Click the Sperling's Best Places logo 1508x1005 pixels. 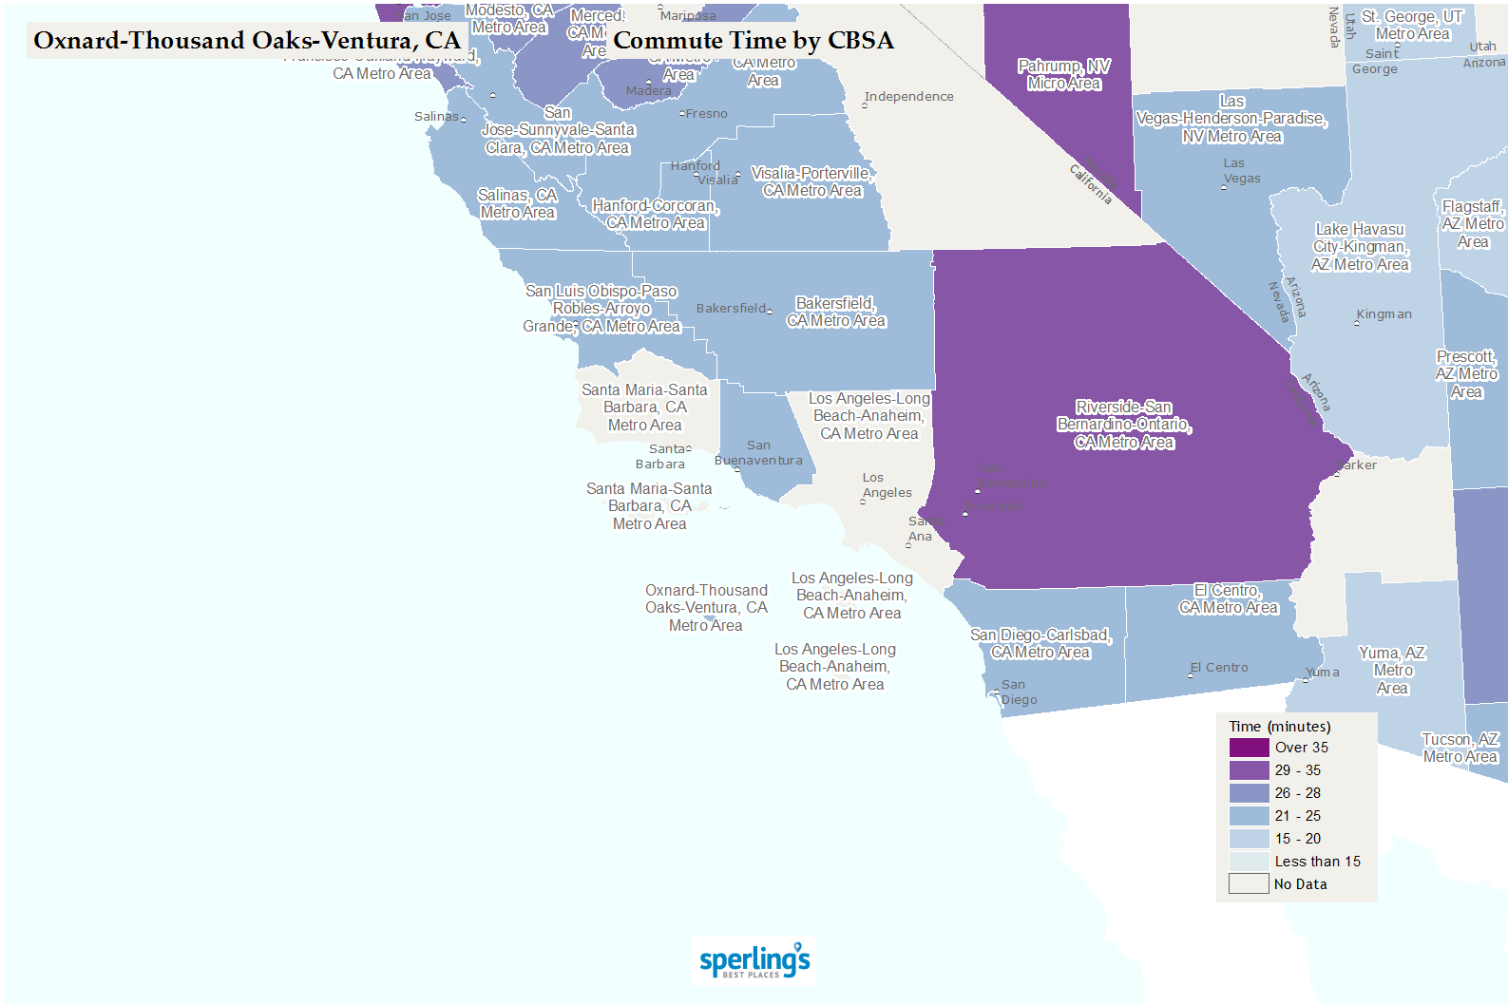[754, 961]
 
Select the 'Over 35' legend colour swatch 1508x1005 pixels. [1249, 748]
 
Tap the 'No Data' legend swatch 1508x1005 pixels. [1249, 884]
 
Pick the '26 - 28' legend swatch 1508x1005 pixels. [1249, 793]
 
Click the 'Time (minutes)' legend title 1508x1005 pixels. [1279, 727]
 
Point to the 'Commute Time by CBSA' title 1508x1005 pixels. [753, 41]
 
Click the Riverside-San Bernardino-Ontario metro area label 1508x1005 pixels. [1124, 425]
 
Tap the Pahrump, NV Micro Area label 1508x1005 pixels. [1063, 75]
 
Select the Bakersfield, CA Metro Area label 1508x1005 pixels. [836, 312]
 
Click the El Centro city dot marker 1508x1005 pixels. [1191, 674]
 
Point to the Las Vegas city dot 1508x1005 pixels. [1224, 187]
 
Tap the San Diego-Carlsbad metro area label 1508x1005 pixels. [1040, 643]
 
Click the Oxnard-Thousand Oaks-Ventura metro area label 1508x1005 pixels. [706, 608]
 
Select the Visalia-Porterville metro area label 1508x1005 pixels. [812, 181]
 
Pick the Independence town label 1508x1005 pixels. [908, 97]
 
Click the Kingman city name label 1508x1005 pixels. [1384, 314]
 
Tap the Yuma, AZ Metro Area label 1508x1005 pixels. [1392, 670]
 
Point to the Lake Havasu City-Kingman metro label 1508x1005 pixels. [1360, 247]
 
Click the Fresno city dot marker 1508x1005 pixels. [681, 114]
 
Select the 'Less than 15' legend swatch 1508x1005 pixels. [1249, 862]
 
